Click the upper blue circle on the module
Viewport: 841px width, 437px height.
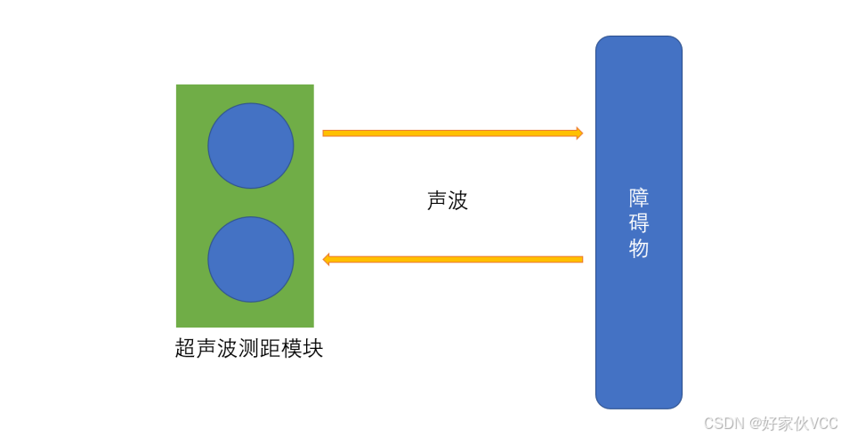point(251,145)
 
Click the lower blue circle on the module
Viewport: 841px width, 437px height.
point(251,259)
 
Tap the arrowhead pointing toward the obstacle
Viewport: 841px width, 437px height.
point(578,134)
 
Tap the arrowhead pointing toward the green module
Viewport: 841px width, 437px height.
point(327,259)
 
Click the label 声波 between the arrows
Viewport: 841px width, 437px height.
point(448,201)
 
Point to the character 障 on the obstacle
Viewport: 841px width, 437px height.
point(639,198)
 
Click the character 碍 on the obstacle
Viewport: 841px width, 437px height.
point(639,223)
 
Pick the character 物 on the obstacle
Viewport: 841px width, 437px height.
point(639,248)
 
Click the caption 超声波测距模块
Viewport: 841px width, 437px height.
point(249,348)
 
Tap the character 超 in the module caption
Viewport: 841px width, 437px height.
point(186,348)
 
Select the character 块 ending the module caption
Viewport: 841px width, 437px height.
point(312,348)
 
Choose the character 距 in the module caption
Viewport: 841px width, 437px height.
point(270,348)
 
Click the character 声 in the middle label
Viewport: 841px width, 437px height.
point(437,201)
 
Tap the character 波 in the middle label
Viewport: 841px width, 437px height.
point(458,201)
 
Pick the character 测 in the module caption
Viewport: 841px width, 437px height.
point(249,348)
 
